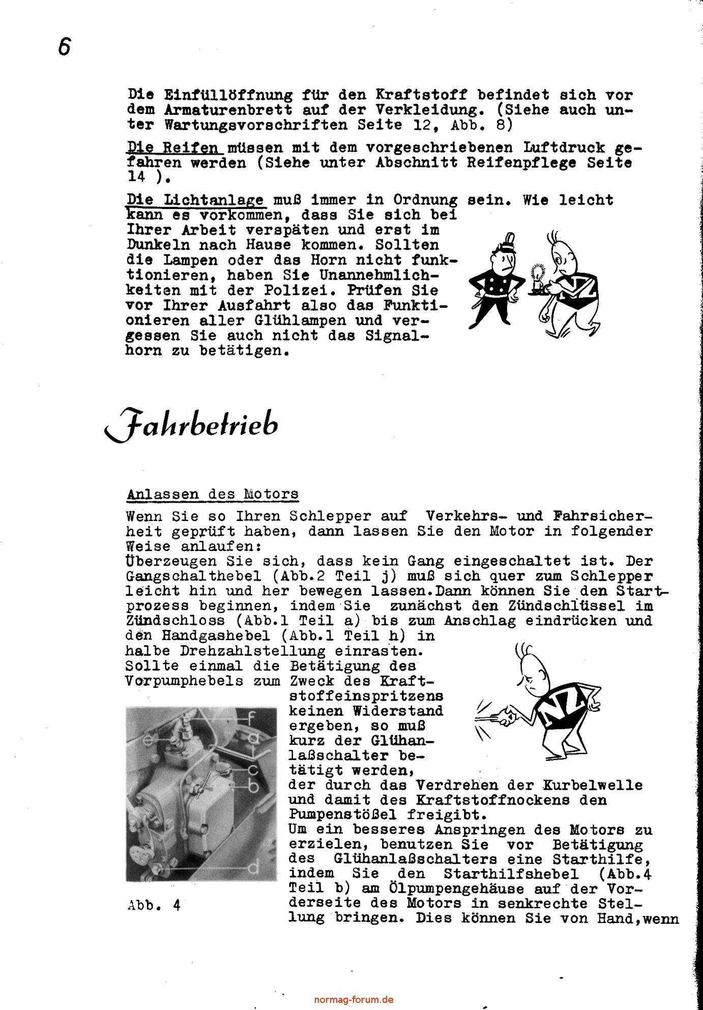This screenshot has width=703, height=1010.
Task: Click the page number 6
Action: [64, 47]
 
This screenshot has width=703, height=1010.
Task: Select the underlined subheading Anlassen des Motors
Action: [212, 494]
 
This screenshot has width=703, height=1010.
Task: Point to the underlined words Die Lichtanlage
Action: [195, 200]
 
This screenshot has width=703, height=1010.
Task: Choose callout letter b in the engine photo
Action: [253, 787]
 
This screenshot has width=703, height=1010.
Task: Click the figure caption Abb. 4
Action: [154, 905]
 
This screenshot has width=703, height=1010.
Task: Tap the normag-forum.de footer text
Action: [354, 999]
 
